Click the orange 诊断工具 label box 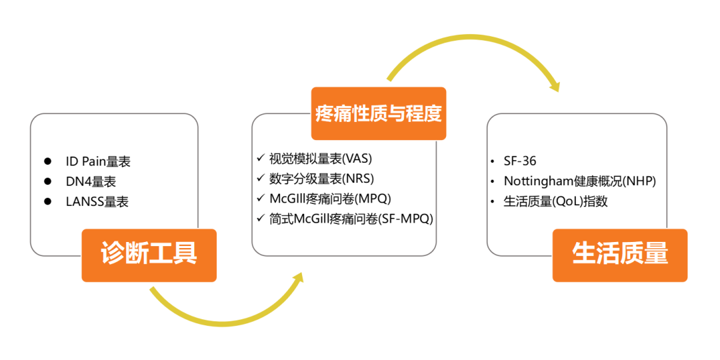(149, 255)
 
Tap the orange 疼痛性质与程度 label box (379, 113)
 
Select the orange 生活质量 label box (620, 255)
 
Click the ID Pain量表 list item (97, 161)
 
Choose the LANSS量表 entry (97, 201)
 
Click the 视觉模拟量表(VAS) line (320, 159)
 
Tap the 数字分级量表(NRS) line (322, 179)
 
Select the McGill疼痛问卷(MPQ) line (329, 199)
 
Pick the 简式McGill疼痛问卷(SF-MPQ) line (351, 218)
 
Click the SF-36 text (520, 161)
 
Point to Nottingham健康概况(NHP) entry (580, 181)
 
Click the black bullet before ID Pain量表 (48, 161)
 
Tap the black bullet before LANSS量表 (48, 201)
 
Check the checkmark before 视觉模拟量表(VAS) (260, 159)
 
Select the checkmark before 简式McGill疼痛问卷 (260, 218)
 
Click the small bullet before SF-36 (493, 162)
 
